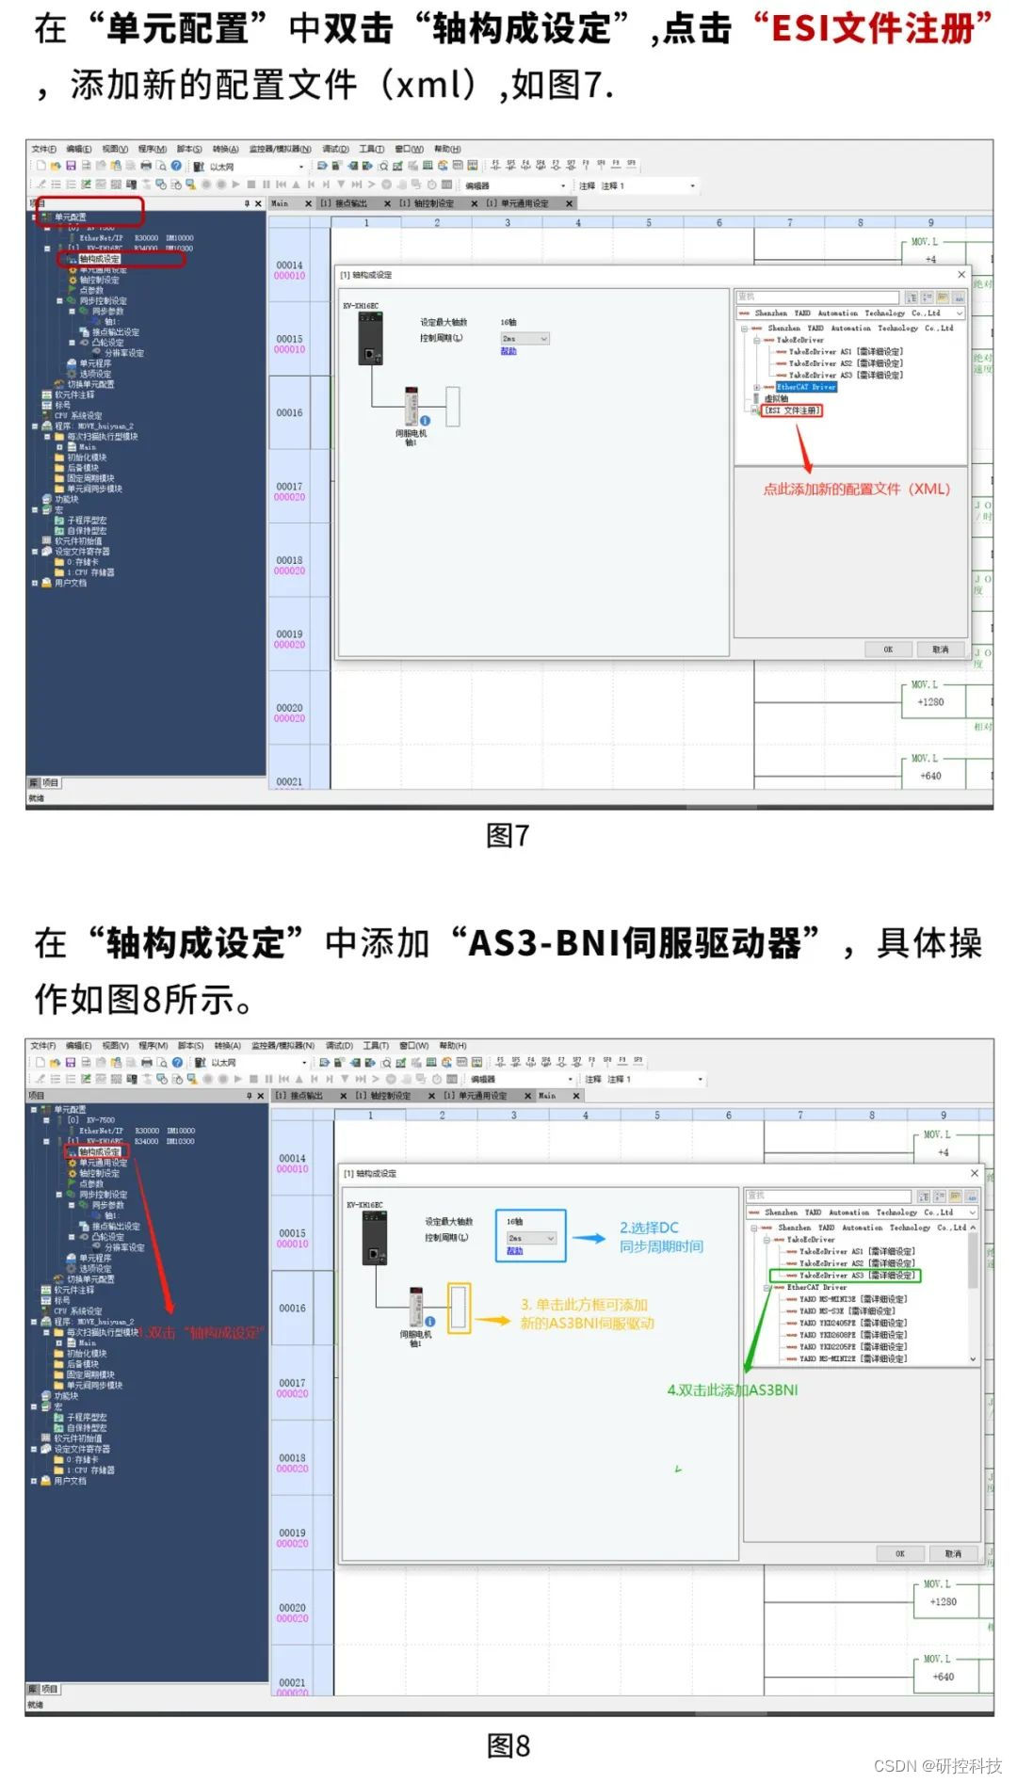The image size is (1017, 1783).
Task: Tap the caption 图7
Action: tap(508, 835)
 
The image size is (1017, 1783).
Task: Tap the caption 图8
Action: tap(508, 1745)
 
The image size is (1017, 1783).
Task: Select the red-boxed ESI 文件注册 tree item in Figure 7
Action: tap(792, 410)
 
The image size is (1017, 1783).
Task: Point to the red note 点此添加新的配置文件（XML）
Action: tap(856, 489)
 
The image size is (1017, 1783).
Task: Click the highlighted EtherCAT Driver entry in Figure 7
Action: tap(806, 387)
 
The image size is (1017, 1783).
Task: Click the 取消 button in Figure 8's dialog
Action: tap(953, 1553)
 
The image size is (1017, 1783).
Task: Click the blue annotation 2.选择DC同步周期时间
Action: tap(661, 1237)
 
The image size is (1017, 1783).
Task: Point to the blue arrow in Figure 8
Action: tap(589, 1238)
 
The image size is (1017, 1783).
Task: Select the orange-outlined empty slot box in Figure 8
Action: tap(459, 1308)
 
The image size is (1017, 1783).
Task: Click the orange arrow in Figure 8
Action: tap(492, 1321)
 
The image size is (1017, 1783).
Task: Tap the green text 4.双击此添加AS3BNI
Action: tap(732, 1389)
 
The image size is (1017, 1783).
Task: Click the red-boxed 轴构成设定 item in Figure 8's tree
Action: tap(99, 1151)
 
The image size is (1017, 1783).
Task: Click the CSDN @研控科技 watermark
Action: tap(937, 1765)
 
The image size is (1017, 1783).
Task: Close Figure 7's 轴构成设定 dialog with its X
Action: tap(961, 275)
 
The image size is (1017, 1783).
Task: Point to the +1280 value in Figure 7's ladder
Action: tap(930, 702)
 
